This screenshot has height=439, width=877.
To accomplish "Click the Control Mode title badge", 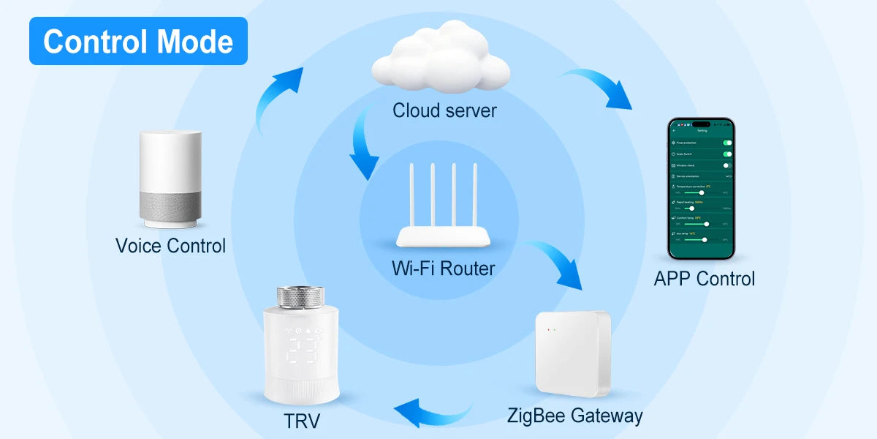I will point(138,41).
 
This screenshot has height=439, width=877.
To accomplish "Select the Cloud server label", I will point(444,110).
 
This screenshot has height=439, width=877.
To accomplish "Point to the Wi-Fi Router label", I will point(443,268).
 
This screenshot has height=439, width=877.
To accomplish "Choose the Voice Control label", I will point(170,245).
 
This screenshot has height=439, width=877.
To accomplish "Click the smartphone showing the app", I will point(702,189).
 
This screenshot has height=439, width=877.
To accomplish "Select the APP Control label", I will point(704,278).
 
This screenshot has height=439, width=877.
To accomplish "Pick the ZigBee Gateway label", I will point(574,416).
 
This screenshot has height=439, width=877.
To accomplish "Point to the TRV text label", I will point(302,421).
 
